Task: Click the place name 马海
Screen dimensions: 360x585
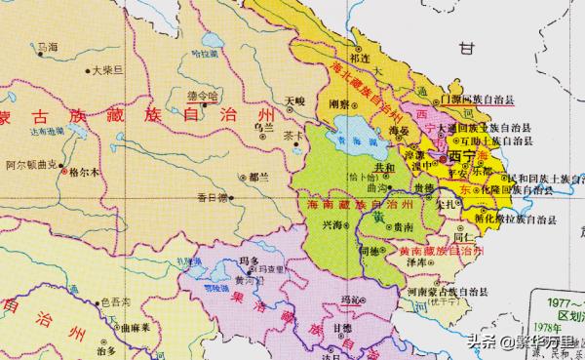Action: tap(45, 46)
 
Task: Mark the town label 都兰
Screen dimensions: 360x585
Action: tap(259, 177)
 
